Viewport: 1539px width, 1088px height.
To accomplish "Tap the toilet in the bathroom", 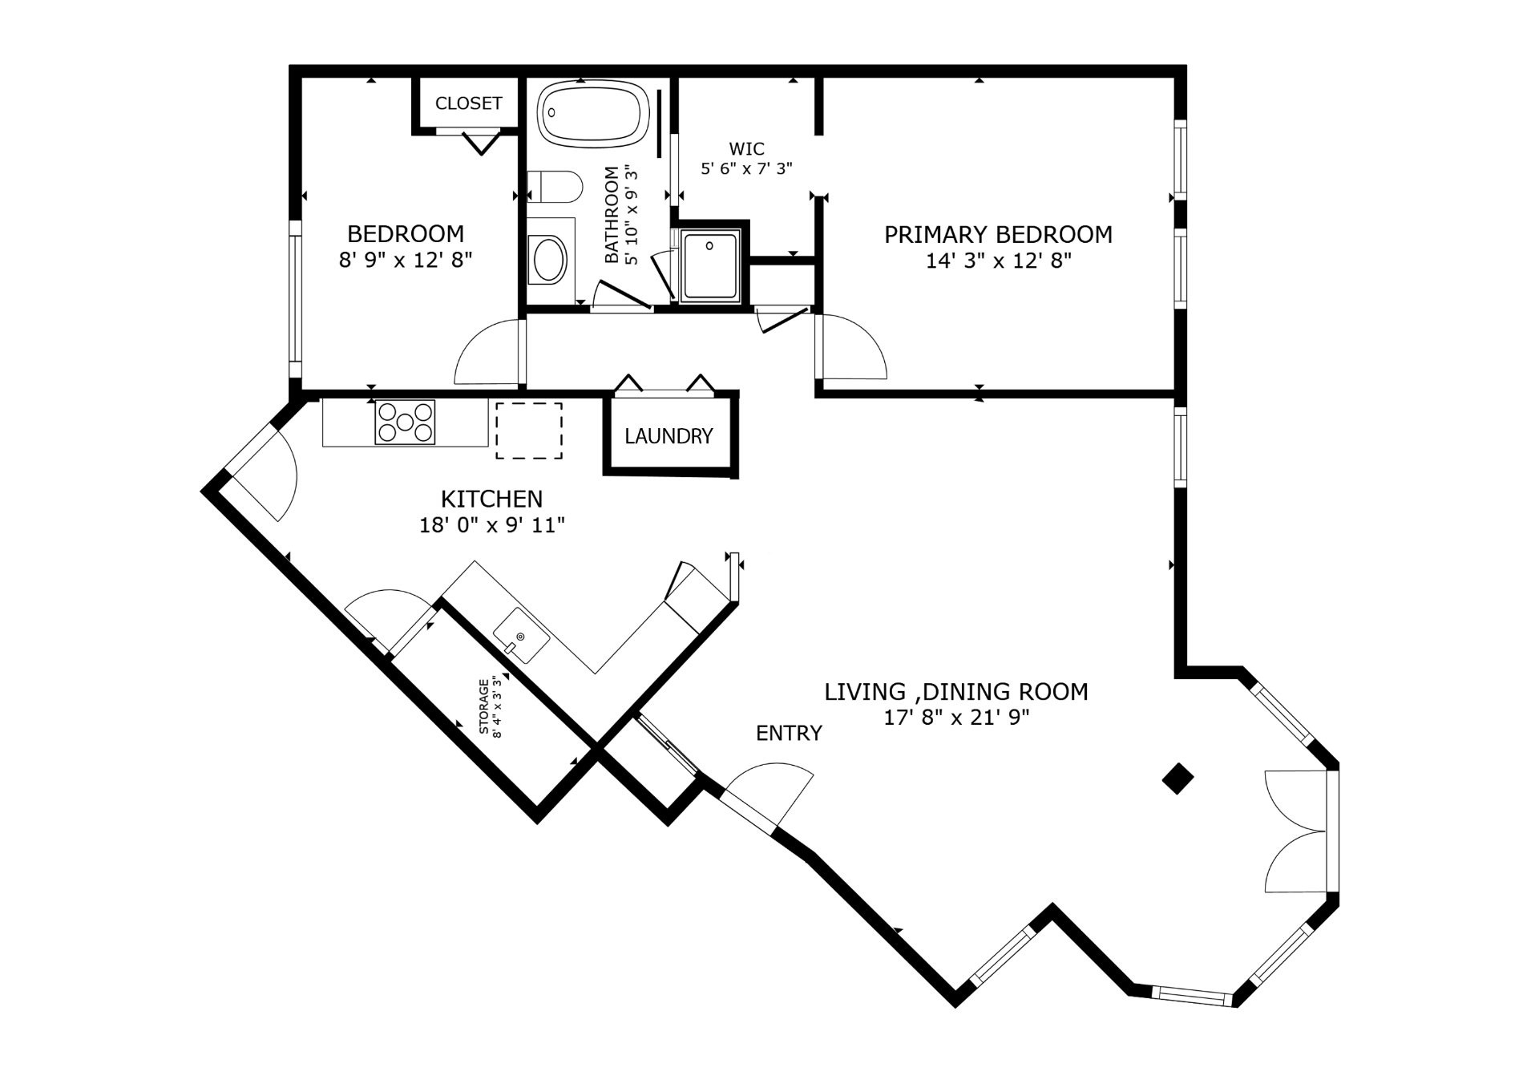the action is (555, 187).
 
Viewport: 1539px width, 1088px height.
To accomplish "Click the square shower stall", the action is (709, 265).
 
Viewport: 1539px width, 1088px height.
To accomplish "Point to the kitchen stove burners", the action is (405, 422).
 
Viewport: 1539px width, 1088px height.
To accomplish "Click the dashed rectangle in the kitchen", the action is (528, 431).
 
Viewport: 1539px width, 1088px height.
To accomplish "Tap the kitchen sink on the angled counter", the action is (520, 635).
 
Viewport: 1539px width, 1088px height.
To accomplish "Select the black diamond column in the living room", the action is (1177, 778).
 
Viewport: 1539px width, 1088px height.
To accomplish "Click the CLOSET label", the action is (469, 103).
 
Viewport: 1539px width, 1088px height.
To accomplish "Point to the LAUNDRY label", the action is (669, 436).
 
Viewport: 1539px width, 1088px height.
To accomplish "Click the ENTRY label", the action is (789, 733).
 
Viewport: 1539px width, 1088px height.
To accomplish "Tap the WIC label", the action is (747, 148).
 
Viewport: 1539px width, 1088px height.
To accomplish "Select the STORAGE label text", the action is (483, 706).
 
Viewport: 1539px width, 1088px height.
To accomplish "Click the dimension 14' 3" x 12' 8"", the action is (999, 261).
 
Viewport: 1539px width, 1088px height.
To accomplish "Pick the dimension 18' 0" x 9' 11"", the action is (492, 525).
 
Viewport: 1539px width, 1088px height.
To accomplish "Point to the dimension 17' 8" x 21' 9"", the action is (956, 718).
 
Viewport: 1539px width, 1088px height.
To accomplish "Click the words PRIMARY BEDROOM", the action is (998, 234).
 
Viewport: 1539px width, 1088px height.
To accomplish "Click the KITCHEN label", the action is (492, 499).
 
